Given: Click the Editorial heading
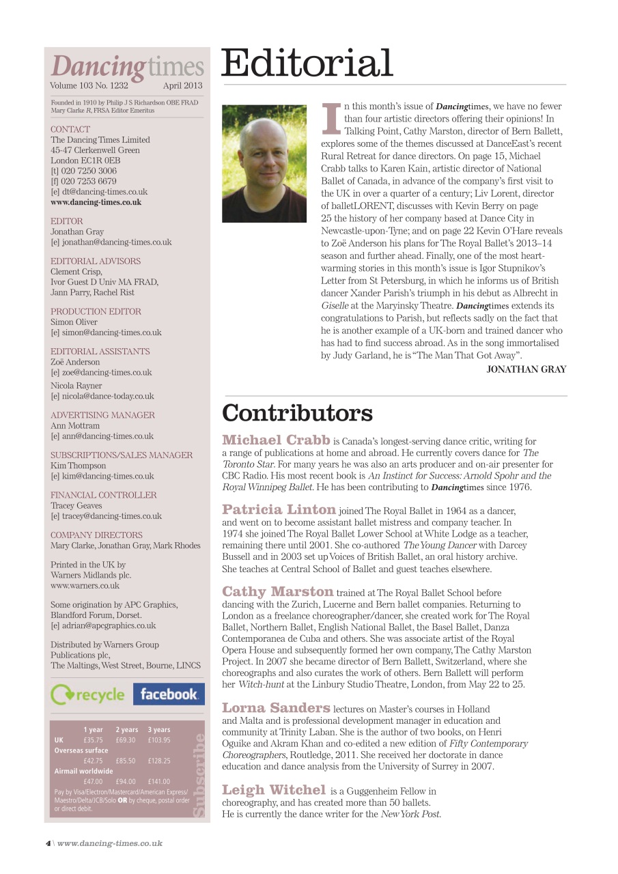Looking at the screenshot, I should tap(307, 64).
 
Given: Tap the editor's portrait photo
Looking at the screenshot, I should tap(264, 163).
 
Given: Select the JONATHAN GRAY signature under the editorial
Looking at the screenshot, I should tap(526, 369).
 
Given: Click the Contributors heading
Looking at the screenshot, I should tap(297, 413).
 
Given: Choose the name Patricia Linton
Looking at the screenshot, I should tap(279, 509).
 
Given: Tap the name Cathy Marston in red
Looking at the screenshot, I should tap(277, 591).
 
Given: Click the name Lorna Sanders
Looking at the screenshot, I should tap(276, 707).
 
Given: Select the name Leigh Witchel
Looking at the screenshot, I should tap(274, 790).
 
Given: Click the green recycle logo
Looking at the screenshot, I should tap(88, 695).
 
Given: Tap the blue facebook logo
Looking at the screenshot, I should tap(168, 694).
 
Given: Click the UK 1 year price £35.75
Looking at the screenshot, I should tap(93, 740).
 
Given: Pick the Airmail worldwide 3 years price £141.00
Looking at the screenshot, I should tap(159, 781).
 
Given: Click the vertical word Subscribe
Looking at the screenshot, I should tap(199, 774).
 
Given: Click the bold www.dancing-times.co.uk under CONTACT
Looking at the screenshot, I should tap(96, 202).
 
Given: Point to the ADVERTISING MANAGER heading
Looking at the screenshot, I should tap(102, 415).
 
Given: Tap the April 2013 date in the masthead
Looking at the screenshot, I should tap(182, 86).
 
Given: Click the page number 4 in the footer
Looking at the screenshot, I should tap(48, 843).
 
